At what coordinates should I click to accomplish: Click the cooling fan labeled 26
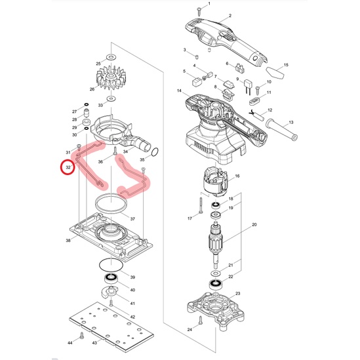[x=111, y=77]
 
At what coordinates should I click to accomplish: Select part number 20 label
[x=254, y=224]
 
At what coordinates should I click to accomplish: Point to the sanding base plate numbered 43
[x=111, y=327]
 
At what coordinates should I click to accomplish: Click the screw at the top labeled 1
[x=199, y=11]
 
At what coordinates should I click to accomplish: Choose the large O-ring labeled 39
[x=111, y=265]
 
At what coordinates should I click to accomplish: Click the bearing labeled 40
[x=111, y=278]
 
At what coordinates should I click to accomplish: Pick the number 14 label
[x=179, y=91]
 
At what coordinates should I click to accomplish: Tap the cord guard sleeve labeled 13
[x=281, y=130]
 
